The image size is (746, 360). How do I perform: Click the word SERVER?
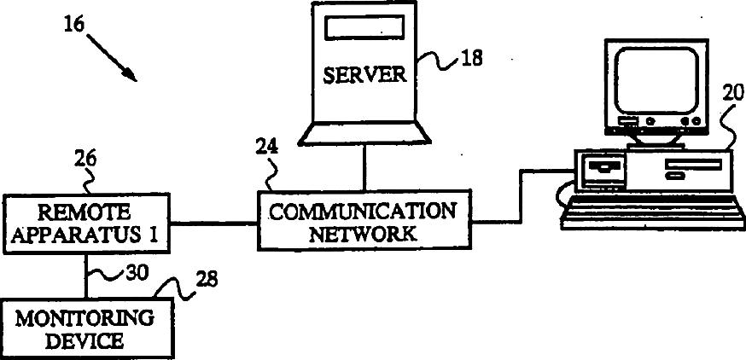click(364, 74)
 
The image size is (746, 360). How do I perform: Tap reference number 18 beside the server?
click(470, 59)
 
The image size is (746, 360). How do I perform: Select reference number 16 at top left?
click(75, 25)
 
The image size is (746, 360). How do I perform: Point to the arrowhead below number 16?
click(132, 76)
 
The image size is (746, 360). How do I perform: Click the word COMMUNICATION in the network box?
click(364, 211)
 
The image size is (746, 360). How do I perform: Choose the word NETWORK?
click(364, 233)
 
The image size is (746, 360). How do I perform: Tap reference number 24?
click(265, 146)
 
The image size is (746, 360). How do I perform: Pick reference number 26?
click(86, 158)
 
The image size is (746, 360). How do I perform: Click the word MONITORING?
click(85, 320)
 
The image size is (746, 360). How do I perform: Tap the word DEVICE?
click(85, 341)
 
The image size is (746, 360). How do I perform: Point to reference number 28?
click(206, 279)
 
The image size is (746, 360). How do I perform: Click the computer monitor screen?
click(654, 81)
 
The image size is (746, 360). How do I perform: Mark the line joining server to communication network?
click(364, 166)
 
